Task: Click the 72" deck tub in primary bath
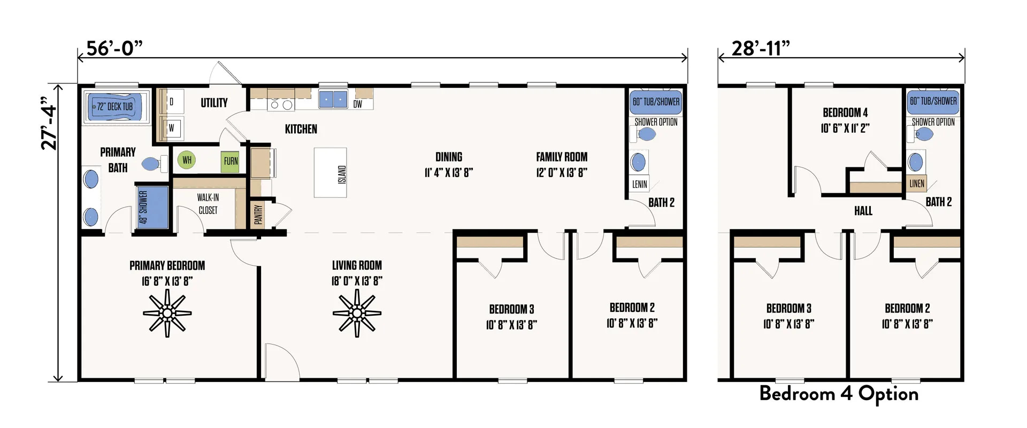[x=114, y=107]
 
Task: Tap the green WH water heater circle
[x=187, y=160]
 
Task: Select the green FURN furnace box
[x=231, y=161]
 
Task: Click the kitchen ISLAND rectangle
[x=330, y=173]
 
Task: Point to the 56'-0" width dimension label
[x=114, y=48]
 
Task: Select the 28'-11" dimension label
[x=760, y=48]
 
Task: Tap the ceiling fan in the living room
[x=357, y=314]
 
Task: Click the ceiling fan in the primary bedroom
[x=167, y=314]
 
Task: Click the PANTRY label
[x=258, y=215]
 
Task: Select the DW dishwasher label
[x=358, y=104]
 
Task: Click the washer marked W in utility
[x=172, y=128]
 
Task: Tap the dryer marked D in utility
[x=172, y=102]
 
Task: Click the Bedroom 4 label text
[x=845, y=112]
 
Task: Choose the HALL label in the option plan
[x=863, y=211]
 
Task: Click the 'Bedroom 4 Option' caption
[x=839, y=394]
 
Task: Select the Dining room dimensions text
[x=449, y=172]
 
